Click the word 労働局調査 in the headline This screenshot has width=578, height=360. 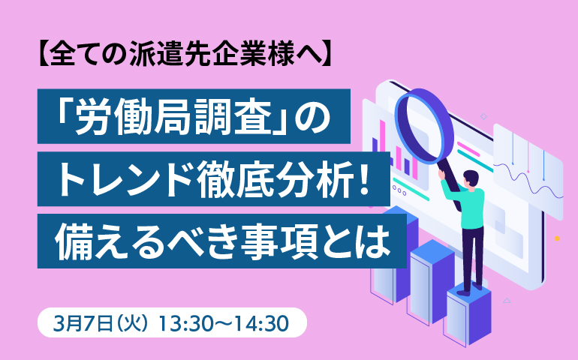(x=174, y=116)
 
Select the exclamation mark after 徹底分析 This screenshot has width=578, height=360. (x=364, y=179)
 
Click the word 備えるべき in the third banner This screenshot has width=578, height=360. (x=147, y=241)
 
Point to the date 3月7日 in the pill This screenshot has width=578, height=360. (x=83, y=323)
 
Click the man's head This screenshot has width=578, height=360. (x=471, y=179)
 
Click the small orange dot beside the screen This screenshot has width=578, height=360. (x=557, y=238)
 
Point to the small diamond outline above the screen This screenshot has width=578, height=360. (x=483, y=116)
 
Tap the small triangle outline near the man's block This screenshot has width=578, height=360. (x=507, y=300)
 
